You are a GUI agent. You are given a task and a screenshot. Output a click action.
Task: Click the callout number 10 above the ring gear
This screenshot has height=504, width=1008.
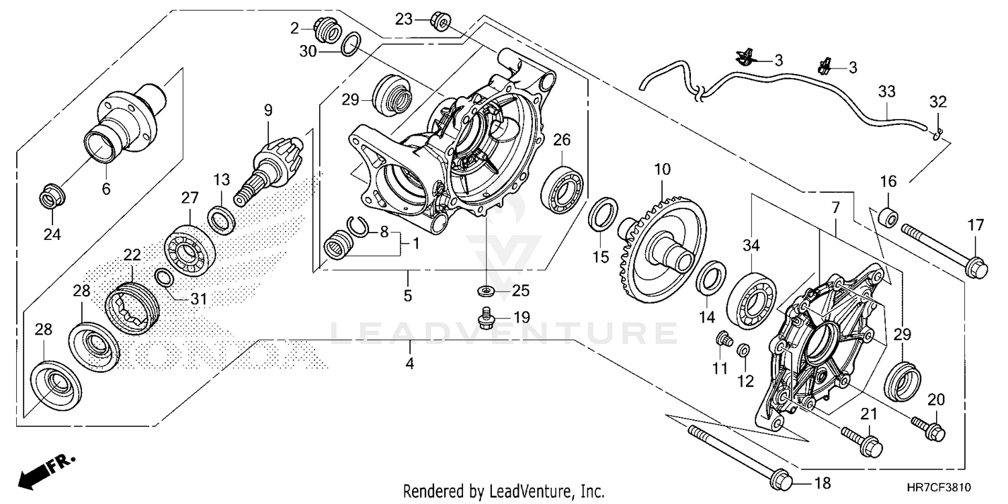pyautogui.click(x=663, y=169)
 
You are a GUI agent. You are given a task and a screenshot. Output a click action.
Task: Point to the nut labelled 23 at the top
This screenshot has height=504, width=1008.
pyautogui.click(x=442, y=22)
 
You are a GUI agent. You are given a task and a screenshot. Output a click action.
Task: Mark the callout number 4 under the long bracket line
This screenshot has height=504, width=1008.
pyautogui.click(x=410, y=364)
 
